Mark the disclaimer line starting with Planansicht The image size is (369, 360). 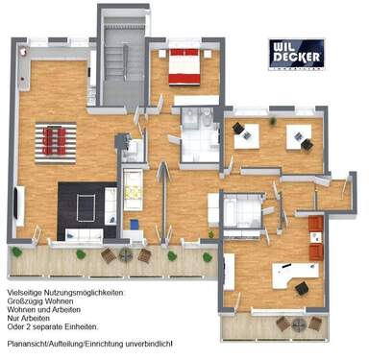[x=88, y=343]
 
